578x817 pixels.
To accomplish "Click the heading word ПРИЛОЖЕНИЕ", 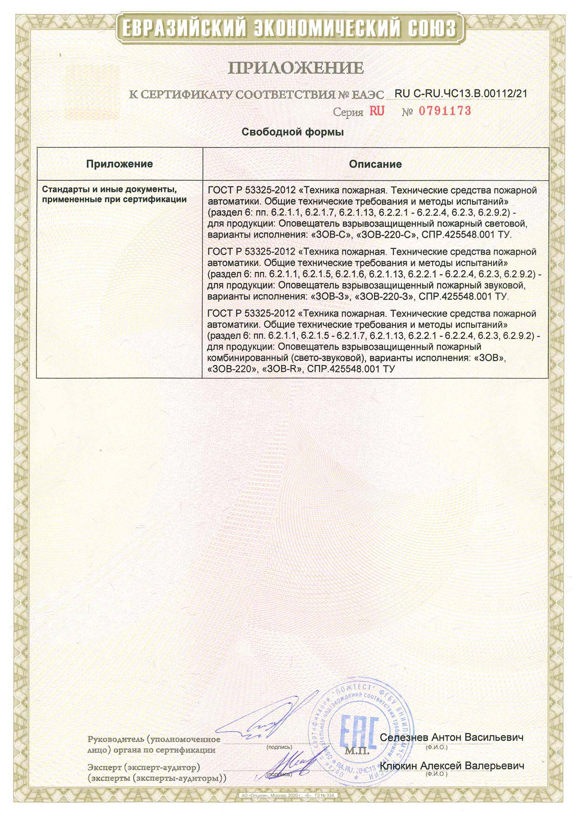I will [296, 68].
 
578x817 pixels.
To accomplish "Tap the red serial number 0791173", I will [445, 111].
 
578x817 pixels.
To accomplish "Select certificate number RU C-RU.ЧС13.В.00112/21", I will [461, 93].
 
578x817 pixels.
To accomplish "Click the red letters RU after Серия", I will [377, 111].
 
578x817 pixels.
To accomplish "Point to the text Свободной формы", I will [292, 132].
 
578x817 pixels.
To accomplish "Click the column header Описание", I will [375, 164].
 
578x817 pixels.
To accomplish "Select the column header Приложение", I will [119, 164].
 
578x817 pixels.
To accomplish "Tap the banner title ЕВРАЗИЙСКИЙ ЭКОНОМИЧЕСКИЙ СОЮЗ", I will [289, 29].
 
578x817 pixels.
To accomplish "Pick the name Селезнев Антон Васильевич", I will [451, 737].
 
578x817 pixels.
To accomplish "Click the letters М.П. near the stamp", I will [357, 751].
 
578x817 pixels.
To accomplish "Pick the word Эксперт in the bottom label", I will [104, 767].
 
